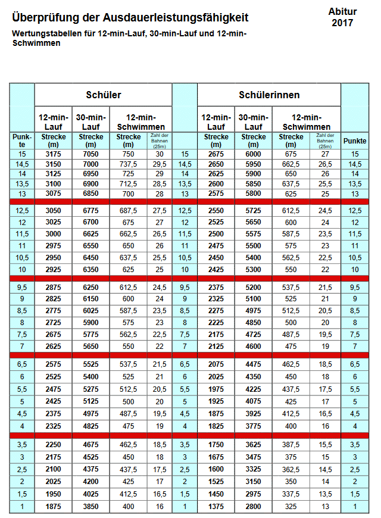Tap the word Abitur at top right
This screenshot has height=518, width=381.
(342, 12)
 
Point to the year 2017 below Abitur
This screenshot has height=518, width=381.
(342, 23)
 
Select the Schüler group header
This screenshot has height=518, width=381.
(104, 95)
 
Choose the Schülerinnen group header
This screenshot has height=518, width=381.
(269, 95)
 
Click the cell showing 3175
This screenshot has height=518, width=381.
(53, 154)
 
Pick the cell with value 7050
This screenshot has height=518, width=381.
(90, 154)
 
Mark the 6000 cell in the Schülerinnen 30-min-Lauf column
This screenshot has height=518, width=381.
(254, 154)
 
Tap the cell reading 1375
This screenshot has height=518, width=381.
(216, 506)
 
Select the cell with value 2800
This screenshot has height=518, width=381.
(254, 506)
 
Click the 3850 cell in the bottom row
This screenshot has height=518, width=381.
(90, 506)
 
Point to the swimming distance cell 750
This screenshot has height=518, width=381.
(128, 154)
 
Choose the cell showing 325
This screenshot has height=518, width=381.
(291, 506)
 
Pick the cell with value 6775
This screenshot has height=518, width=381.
(90, 210)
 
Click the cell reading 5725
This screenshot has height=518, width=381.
(254, 210)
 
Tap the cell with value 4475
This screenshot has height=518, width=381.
(254, 364)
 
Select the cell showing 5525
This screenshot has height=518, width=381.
(90, 364)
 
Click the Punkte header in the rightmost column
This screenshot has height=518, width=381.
(355, 141)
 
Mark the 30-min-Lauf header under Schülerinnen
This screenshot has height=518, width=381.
(254, 121)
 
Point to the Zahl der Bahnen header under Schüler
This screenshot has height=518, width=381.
(159, 141)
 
